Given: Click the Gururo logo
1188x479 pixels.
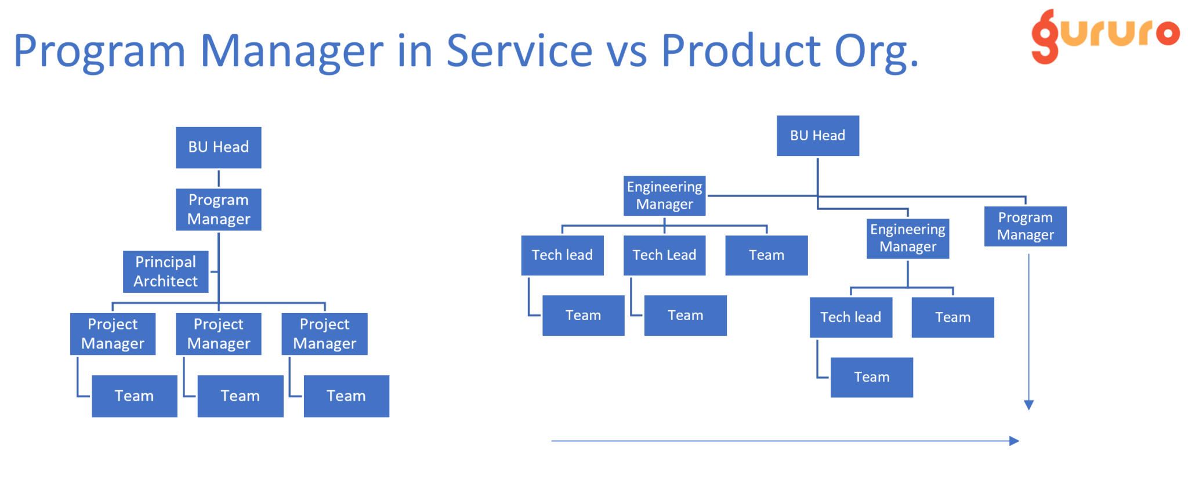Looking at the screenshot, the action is pos(1105,36).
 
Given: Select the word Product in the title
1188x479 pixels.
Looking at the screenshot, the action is pos(741,50).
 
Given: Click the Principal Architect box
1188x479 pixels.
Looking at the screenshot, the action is pos(166,271).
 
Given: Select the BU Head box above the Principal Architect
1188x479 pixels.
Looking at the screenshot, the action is pos(219,147).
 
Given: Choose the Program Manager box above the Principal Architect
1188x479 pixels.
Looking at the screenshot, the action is pos(219,209).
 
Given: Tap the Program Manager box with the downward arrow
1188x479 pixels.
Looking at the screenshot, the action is pos(1026,226).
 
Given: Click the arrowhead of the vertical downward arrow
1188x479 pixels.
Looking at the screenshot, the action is pos(1029,405).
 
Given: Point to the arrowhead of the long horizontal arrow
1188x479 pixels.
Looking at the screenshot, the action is pos(1015,441).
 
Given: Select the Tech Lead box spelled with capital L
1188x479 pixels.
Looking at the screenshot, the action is pos(665,255).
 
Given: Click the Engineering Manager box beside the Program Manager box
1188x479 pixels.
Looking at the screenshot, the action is pos(908,238).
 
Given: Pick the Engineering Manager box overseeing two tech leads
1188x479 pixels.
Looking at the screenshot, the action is pos(665,195).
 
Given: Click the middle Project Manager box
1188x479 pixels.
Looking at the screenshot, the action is pos(219,334).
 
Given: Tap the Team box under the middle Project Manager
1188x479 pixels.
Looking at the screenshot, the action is pos(241,396).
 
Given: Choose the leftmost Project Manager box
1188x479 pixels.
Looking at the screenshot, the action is pos(113,334).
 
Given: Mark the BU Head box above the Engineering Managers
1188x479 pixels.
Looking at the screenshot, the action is pos(818,136).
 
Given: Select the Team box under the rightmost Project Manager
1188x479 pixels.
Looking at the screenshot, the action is pos(347,396).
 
